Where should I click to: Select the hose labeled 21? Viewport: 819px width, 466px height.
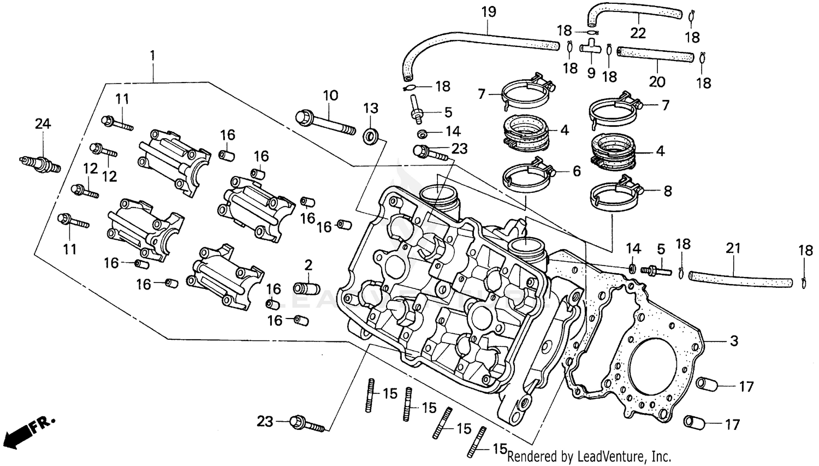click(x=740, y=279)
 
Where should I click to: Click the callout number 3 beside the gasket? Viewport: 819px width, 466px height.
click(x=734, y=341)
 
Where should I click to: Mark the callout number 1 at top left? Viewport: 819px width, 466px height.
click(x=152, y=55)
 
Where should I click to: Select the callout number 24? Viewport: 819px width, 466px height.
click(x=43, y=124)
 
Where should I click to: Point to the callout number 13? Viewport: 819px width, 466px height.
click(x=371, y=108)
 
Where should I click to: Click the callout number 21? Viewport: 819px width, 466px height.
click(x=733, y=249)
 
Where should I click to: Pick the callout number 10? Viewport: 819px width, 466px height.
click(x=330, y=96)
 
